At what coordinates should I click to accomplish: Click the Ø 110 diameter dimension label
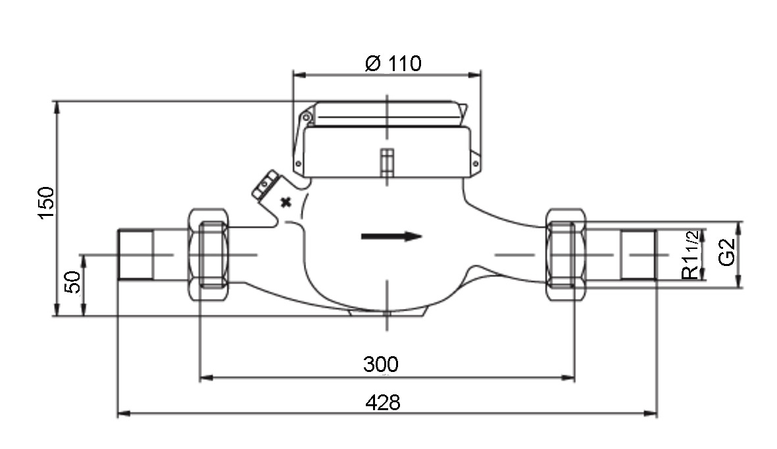point(393,63)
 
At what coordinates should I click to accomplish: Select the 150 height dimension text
point(46,202)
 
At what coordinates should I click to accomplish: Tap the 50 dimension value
point(73,282)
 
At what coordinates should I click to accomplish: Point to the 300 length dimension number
point(380,364)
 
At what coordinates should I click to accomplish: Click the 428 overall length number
point(382,402)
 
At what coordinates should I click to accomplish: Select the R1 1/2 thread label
point(691,255)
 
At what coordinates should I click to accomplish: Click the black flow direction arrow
point(391,236)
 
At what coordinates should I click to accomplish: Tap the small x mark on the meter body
point(286,202)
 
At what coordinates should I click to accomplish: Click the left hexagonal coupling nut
point(209,255)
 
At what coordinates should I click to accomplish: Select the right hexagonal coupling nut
point(565,255)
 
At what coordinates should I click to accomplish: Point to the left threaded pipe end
point(136,255)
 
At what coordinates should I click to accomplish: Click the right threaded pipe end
point(639,255)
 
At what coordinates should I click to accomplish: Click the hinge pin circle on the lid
point(306,118)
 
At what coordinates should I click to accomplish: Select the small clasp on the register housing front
point(387,161)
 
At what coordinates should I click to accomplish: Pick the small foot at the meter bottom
point(387,312)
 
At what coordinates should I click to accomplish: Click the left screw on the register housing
point(298,163)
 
